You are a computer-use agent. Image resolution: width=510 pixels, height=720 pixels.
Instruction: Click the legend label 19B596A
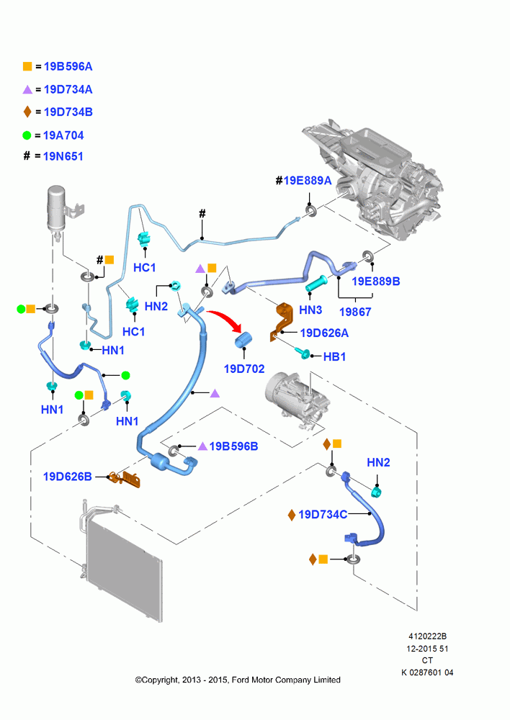click(68, 66)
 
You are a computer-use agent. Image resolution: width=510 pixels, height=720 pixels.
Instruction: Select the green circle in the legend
click(27, 135)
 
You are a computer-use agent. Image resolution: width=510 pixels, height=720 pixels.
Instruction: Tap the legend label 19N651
click(63, 156)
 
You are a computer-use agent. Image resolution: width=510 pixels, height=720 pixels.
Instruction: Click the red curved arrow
click(225, 319)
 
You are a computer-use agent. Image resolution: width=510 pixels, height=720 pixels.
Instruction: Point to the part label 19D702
click(244, 369)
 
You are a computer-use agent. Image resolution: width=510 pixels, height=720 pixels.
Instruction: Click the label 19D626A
click(324, 333)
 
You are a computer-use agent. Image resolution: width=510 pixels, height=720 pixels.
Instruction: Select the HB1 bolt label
click(334, 356)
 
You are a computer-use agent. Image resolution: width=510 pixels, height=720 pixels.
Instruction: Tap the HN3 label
click(310, 310)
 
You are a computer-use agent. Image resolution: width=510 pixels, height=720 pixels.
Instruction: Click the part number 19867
click(354, 312)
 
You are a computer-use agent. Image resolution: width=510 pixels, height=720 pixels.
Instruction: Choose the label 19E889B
click(376, 281)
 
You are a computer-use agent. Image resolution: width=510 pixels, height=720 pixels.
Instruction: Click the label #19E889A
click(303, 181)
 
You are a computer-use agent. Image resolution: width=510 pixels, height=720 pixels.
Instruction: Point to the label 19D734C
click(323, 514)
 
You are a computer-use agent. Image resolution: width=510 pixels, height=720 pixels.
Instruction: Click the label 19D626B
click(68, 477)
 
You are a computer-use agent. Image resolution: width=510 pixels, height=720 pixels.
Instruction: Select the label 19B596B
click(233, 446)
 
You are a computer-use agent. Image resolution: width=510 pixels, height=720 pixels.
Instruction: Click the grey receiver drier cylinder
click(57, 208)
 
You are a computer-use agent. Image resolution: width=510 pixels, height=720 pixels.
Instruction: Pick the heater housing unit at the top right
click(373, 179)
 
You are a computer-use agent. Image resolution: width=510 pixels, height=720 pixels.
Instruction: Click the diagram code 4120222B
click(427, 636)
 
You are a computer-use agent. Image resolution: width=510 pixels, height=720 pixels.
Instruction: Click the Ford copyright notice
click(238, 680)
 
